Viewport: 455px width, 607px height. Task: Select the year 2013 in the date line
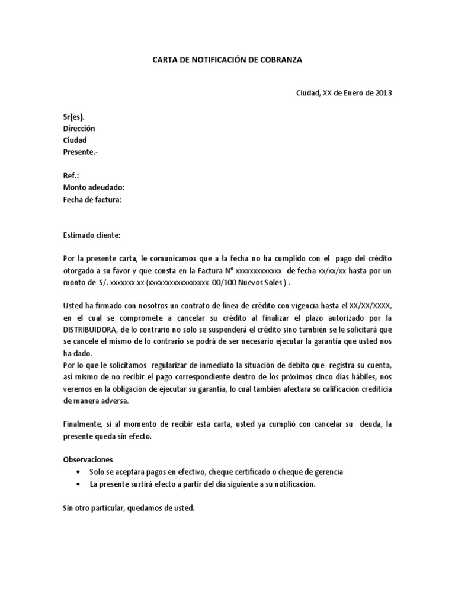[x=383, y=93]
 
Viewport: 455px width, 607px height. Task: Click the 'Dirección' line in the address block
[x=78, y=129]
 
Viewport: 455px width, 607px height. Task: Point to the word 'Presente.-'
[x=81, y=152]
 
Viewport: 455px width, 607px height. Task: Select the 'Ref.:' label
[x=71, y=176]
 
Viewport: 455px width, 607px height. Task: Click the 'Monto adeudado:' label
[x=93, y=188]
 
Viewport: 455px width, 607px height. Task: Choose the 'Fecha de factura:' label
[x=92, y=200]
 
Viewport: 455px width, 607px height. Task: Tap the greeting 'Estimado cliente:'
[x=91, y=235]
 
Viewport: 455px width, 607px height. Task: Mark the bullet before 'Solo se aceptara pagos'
[x=79, y=472]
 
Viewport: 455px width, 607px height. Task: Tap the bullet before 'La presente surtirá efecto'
[x=79, y=484]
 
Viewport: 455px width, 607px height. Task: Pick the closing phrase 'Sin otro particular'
[x=92, y=508]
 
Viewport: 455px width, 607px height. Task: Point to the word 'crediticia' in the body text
[x=374, y=388]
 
